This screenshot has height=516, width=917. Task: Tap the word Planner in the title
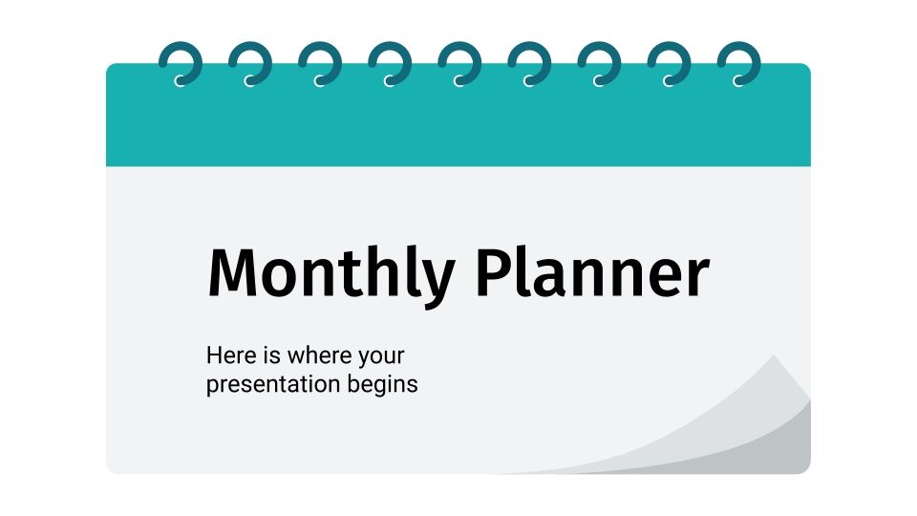coord(591,274)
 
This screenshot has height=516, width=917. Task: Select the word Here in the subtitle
coord(229,356)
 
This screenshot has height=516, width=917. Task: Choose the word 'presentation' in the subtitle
coord(276,386)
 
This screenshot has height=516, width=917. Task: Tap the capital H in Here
coord(214,356)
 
